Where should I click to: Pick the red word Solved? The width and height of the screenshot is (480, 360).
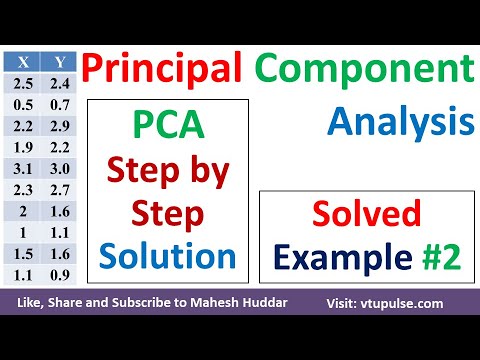tap(365, 215)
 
